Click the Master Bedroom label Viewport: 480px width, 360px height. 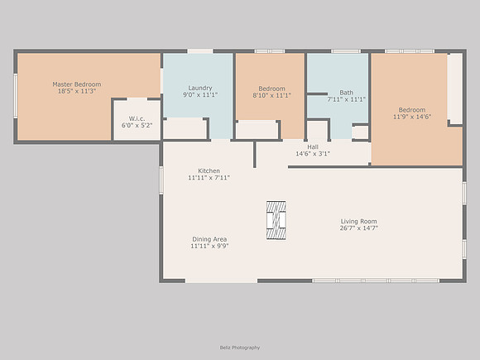coord(77,84)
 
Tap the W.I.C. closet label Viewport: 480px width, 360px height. coord(137,118)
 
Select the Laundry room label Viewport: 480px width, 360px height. coord(200,88)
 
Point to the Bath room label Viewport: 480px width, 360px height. coord(346,93)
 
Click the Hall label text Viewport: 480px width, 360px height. coord(313,147)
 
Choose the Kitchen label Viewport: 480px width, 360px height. coord(209,170)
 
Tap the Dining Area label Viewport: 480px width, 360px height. coord(209,239)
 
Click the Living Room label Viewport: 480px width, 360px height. coord(359,221)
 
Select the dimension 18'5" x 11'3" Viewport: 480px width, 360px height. coord(77,91)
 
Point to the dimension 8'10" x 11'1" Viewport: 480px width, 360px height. coord(271,95)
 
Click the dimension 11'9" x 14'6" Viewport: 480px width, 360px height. coord(412,117)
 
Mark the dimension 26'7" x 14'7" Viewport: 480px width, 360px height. coord(359,228)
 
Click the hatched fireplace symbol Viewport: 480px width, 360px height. coord(276,220)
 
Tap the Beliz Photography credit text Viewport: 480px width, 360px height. coord(240,348)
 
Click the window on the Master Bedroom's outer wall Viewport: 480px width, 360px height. coord(15,95)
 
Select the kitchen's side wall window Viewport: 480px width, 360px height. coord(161,180)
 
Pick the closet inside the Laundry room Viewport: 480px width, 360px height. coord(185,129)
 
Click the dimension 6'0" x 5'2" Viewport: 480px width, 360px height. coord(137,126)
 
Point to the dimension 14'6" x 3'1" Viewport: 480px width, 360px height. coord(313,154)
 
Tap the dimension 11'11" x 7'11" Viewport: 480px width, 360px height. coord(209,178)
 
